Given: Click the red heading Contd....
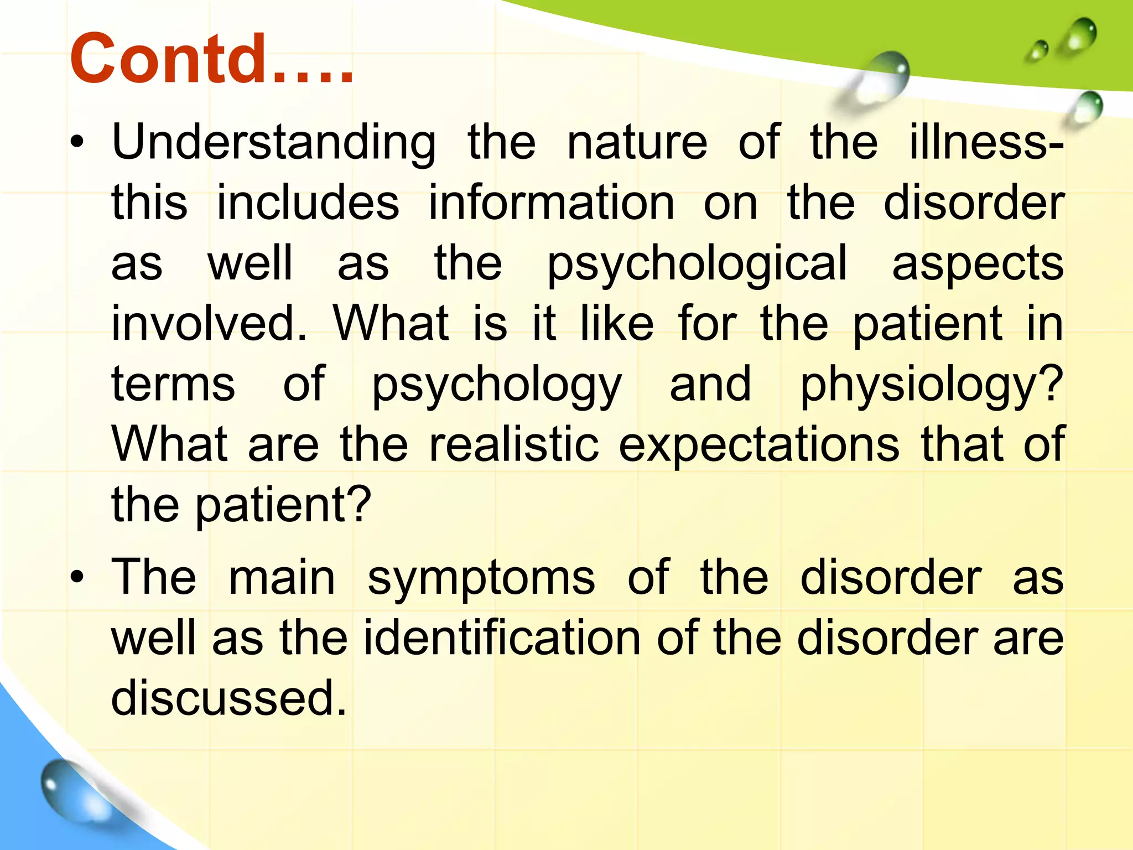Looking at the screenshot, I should [210, 59].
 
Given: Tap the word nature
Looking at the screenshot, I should [637, 143].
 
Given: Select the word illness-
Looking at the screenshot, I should [986, 143].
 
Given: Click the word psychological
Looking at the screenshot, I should [697, 265].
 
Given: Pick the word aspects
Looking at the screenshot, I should [978, 265].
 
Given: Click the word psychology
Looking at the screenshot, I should [496, 385].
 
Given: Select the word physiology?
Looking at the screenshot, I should [932, 385].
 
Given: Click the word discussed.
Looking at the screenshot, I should [228, 697].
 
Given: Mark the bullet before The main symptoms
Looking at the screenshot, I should [77, 578].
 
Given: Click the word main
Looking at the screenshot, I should [282, 578].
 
